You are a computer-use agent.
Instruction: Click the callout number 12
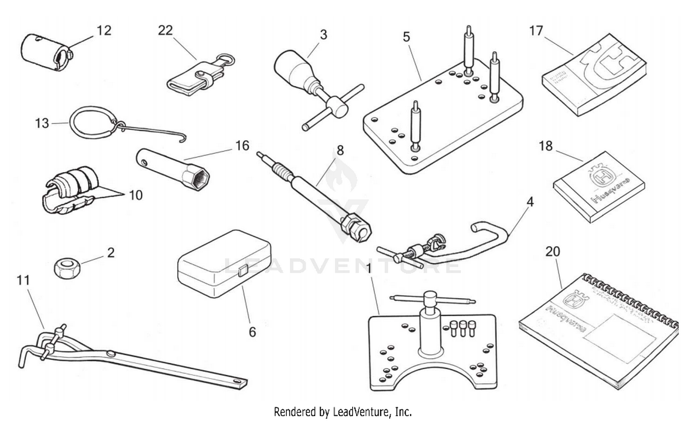104,30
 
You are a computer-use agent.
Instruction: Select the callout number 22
165,30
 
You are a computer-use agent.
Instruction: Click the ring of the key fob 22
226,60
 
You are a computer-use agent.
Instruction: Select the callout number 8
340,150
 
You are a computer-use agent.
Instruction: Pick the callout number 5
407,37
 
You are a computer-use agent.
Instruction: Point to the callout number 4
530,201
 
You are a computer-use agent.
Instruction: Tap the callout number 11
23,280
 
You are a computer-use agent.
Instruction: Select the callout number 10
135,195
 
